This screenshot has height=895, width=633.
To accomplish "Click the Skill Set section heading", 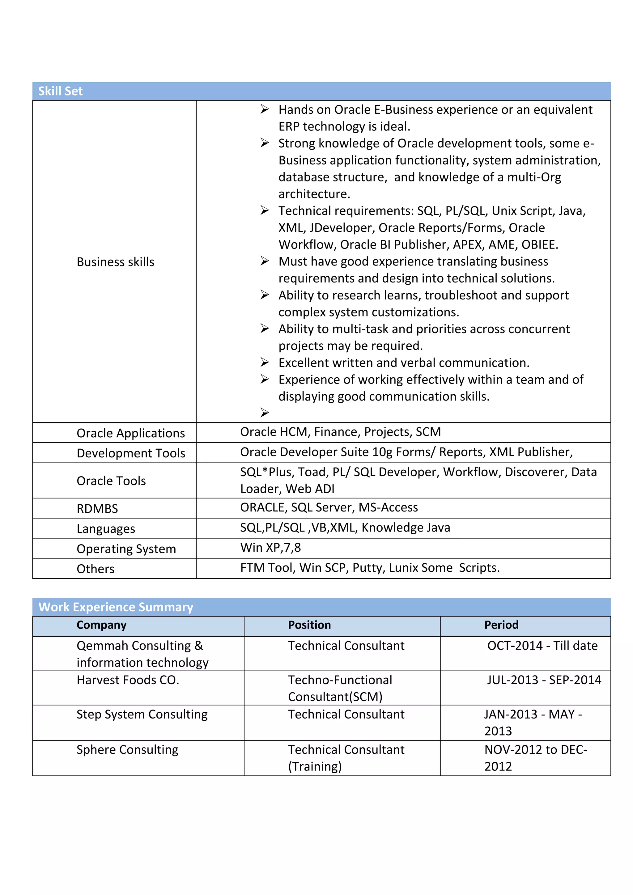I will [x=60, y=91].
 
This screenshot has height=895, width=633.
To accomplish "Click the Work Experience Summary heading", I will [x=116, y=607].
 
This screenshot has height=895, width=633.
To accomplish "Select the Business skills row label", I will [x=115, y=262].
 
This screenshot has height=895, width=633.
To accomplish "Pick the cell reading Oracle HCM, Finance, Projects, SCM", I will [x=340, y=432].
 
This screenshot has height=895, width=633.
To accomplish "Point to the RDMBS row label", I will [x=97, y=509].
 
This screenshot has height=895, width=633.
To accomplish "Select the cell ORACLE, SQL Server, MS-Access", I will [x=329, y=507].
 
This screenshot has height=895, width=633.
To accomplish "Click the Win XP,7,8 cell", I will [x=270, y=548].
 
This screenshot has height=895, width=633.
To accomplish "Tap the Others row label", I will [x=96, y=569].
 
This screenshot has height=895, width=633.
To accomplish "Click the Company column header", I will [x=101, y=625].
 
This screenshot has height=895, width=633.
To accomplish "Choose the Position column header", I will [x=309, y=625].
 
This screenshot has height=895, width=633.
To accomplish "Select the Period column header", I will [x=501, y=625].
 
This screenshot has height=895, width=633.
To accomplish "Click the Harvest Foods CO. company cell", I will [x=128, y=680].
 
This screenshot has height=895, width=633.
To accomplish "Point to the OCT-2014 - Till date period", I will [x=542, y=646].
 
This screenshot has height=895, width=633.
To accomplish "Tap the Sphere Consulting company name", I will [x=127, y=750].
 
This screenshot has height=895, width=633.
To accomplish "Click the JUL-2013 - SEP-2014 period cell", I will [x=544, y=680].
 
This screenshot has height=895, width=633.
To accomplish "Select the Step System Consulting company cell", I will [x=142, y=715].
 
